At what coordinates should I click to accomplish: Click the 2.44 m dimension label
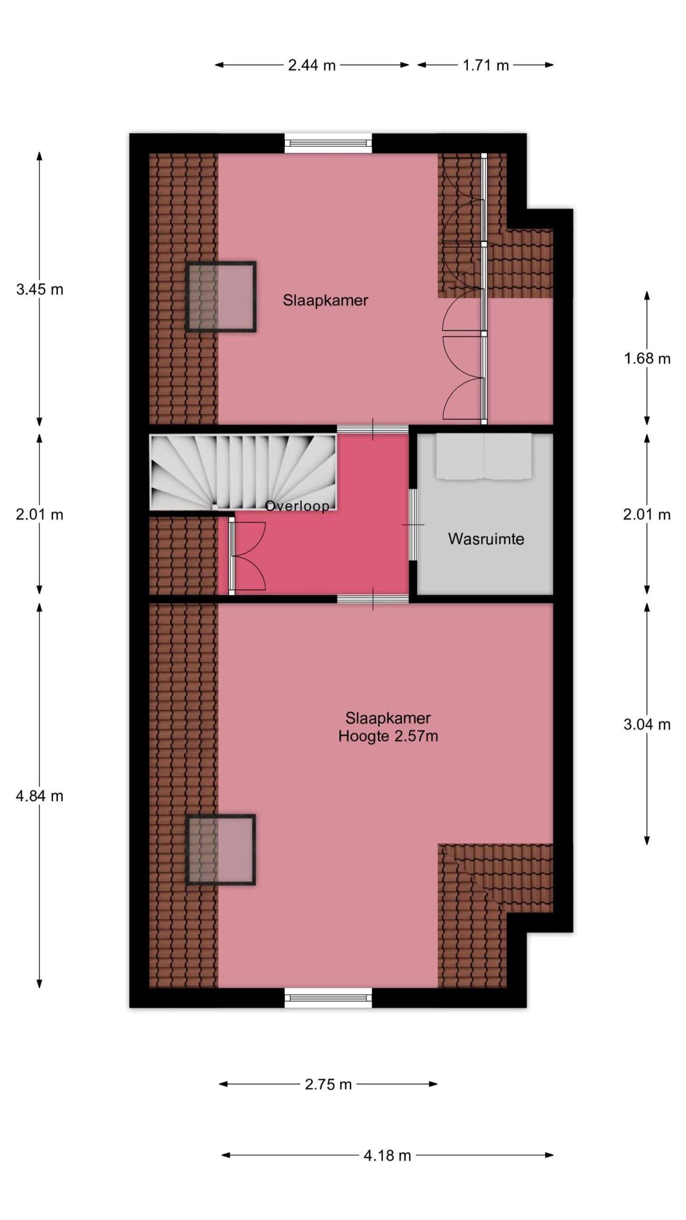pyautogui.click(x=312, y=65)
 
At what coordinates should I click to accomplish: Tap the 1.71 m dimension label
pyautogui.click(x=485, y=65)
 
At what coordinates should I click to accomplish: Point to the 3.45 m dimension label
pyautogui.click(x=40, y=289)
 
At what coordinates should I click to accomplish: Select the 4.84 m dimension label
pyautogui.click(x=40, y=796)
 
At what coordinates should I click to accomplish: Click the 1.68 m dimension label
pyautogui.click(x=647, y=358)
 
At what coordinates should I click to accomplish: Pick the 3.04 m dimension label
pyautogui.click(x=647, y=724)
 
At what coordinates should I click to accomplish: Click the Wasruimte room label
pyautogui.click(x=486, y=539)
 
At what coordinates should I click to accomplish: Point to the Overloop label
pyautogui.click(x=297, y=506)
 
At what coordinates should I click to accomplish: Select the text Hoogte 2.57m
pyautogui.click(x=388, y=736)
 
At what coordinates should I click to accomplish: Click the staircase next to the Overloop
pyautogui.click(x=243, y=472)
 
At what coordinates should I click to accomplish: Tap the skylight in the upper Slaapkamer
pyautogui.click(x=221, y=296)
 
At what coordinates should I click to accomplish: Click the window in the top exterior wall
pyautogui.click(x=328, y=143)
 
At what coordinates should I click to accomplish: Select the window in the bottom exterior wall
pyautogui.click(x=328, y=997)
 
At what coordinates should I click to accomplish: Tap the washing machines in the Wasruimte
pyautogui.click(x=484, y=456)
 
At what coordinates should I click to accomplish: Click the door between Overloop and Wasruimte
pyautogui.click(x=413, y=524)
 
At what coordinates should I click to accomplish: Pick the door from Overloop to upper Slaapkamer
pyautogui.click(x=373, y=428)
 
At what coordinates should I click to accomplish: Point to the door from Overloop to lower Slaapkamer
pyautogui.click(x=373, y=599)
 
